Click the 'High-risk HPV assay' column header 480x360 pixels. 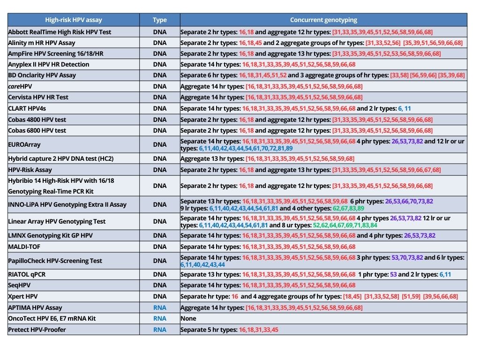coord(73,20)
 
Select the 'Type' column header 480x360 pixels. coord(160,20)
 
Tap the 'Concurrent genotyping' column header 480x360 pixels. coord(323,20)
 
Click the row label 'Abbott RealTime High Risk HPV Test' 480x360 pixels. coord(60,32)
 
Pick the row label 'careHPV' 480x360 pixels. coord(20,86)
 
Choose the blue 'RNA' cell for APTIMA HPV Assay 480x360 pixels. coord(160,307)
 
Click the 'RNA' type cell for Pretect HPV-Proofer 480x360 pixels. coord(160,330)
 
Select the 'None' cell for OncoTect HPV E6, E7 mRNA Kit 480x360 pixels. coord(188,318)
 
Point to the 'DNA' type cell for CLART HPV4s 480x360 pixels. coord(160,108)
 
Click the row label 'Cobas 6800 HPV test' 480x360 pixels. coord(37,130)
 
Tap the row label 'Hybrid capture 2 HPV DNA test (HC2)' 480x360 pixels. coord(60,158)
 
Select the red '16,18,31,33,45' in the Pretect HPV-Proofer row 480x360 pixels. coord(259,330)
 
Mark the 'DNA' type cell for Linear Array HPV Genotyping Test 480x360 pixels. coord(160,221)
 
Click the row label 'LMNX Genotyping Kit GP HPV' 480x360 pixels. coord(50,235)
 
